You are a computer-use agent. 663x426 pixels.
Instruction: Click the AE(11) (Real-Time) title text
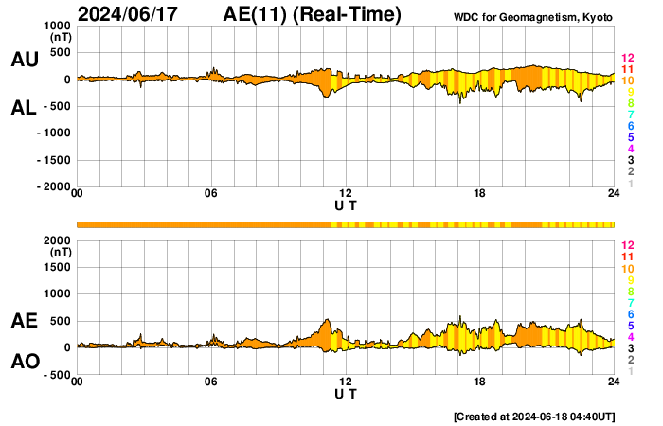coord(313,14)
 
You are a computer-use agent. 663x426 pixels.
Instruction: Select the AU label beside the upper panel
coord(24,60)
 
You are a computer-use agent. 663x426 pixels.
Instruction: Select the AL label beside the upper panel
coord(24,108)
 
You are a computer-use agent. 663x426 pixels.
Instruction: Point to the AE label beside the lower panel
coord(24,321)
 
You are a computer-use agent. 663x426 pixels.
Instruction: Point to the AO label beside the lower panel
coord(24,362)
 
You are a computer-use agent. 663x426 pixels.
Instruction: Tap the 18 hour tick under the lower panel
coord(480,382)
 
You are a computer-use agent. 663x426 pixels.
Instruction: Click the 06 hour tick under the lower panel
coord(211,382)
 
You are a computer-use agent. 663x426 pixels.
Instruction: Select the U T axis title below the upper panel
coord(346,205)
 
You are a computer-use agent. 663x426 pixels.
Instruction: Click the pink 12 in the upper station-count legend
coord(626,59)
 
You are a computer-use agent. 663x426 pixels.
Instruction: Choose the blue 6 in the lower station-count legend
coord(629,313)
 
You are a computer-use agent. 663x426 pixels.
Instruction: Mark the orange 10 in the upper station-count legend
coord(626,81)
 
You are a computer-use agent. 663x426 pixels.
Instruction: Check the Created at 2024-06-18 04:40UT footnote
coord(534,416)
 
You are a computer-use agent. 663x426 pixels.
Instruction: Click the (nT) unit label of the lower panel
coord(60,253)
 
